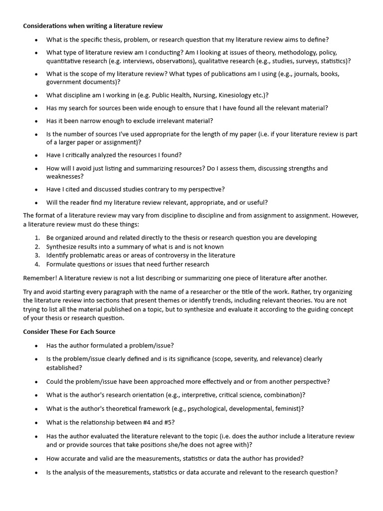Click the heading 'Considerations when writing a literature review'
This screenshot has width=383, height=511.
93,25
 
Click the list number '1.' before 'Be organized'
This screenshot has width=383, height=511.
37,238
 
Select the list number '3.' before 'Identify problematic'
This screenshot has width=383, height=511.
37,255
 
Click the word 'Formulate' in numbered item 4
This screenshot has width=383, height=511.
61,264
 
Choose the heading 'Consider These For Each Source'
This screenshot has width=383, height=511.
69,332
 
